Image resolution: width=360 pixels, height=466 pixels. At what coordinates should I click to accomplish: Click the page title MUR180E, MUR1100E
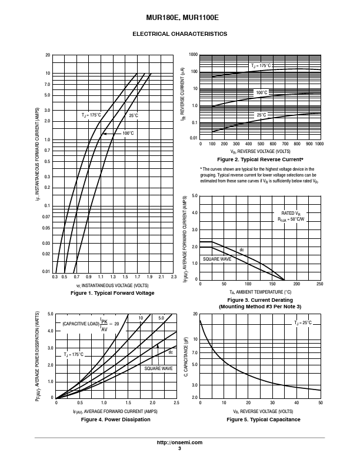[x=182, y=18]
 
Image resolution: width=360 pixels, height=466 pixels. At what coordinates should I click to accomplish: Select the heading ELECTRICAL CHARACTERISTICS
[x=179, y=34]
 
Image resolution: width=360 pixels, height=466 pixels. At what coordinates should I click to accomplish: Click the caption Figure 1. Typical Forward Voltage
[x=112, y=293]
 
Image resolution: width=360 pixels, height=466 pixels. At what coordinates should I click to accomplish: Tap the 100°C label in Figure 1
[x=128, y=133]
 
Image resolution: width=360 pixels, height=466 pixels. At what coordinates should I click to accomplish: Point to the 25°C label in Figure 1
[x=134, y=115]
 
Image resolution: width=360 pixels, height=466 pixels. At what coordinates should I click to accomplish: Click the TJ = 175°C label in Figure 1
[x=91, y=115]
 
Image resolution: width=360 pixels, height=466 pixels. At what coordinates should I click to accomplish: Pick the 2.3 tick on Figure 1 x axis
[x=174, y=277]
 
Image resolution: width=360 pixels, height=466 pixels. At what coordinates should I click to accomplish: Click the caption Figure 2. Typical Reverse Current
[x=260, y=159]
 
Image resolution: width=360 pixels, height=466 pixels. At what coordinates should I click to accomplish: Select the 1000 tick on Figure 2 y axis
[x=193, y=55]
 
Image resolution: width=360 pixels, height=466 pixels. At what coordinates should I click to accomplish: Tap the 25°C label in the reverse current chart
[x=261, y=115]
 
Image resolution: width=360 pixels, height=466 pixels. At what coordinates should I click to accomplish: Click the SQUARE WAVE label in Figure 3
[x=217, y=259]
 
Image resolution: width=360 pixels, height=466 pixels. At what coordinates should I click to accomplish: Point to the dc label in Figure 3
[x=242, y=250]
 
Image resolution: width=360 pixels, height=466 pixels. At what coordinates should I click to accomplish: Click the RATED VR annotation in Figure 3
[x=291, y=214]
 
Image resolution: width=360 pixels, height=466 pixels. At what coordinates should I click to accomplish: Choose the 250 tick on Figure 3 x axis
[x=319, y=284]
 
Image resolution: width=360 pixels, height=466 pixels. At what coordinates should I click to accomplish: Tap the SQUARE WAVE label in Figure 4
[x=158, y=368]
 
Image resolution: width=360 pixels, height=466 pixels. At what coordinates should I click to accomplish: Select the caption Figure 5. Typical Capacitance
[x=263, y=420]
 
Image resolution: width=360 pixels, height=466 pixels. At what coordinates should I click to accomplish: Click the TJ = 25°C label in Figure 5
[x=303, y=323]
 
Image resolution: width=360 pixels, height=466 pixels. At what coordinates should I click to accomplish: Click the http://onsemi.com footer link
[x=179, y=442]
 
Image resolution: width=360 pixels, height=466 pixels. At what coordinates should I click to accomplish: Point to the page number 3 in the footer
[x=179, y=448]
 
